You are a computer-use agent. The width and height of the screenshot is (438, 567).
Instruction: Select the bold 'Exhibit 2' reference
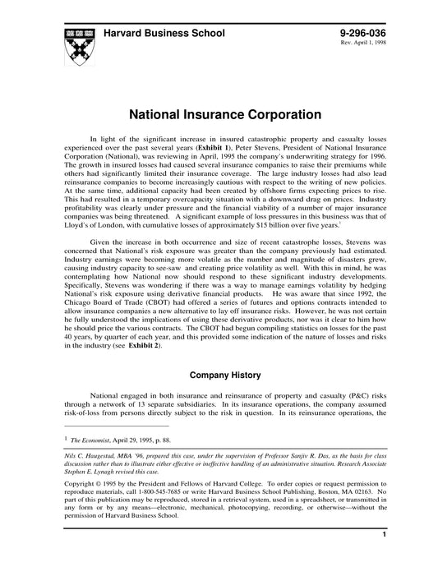point(141,347)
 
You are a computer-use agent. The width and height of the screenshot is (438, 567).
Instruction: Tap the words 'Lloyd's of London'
point(92,224)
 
